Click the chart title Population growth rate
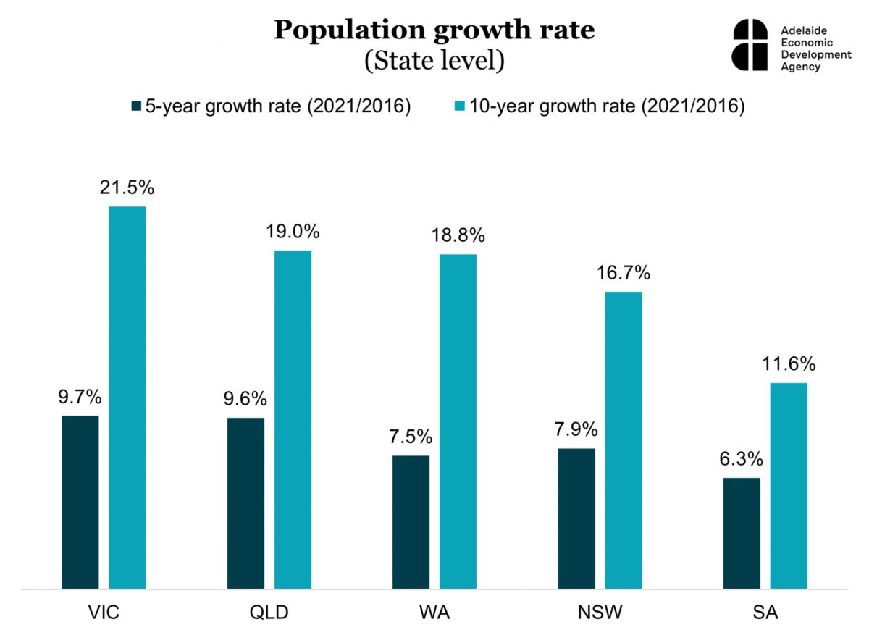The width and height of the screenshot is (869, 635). point(434,30)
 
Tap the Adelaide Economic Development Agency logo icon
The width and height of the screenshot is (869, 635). point(750,45)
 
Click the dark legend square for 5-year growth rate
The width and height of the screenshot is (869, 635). point(136,106)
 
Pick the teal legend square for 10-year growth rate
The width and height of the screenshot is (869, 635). point(458,106)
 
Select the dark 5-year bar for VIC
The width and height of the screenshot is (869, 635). point(80,502)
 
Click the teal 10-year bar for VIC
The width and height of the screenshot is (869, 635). point(127,398)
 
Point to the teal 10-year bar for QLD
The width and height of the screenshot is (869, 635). point(293,420)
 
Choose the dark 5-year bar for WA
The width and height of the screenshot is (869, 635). point(411,522)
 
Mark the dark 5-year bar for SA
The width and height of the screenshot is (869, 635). point(742,534)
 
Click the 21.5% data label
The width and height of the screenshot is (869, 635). point(127,188)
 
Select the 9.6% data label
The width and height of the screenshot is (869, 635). point(245,399)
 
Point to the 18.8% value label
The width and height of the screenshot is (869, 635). point(458,236)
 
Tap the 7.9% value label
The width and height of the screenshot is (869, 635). point(576,429)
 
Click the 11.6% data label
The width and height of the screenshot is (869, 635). point(789,363)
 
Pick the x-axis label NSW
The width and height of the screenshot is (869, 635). point(600,613)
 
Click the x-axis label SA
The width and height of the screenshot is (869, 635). point(765,613)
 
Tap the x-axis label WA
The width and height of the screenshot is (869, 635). point(434,613)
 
